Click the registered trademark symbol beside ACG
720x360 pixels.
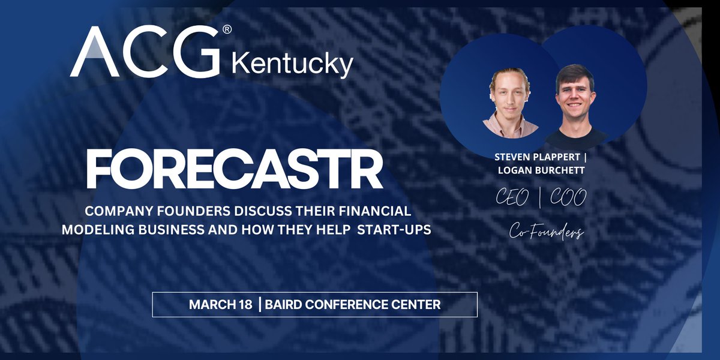pos(227,29)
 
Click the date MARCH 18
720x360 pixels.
pos(220,305)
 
